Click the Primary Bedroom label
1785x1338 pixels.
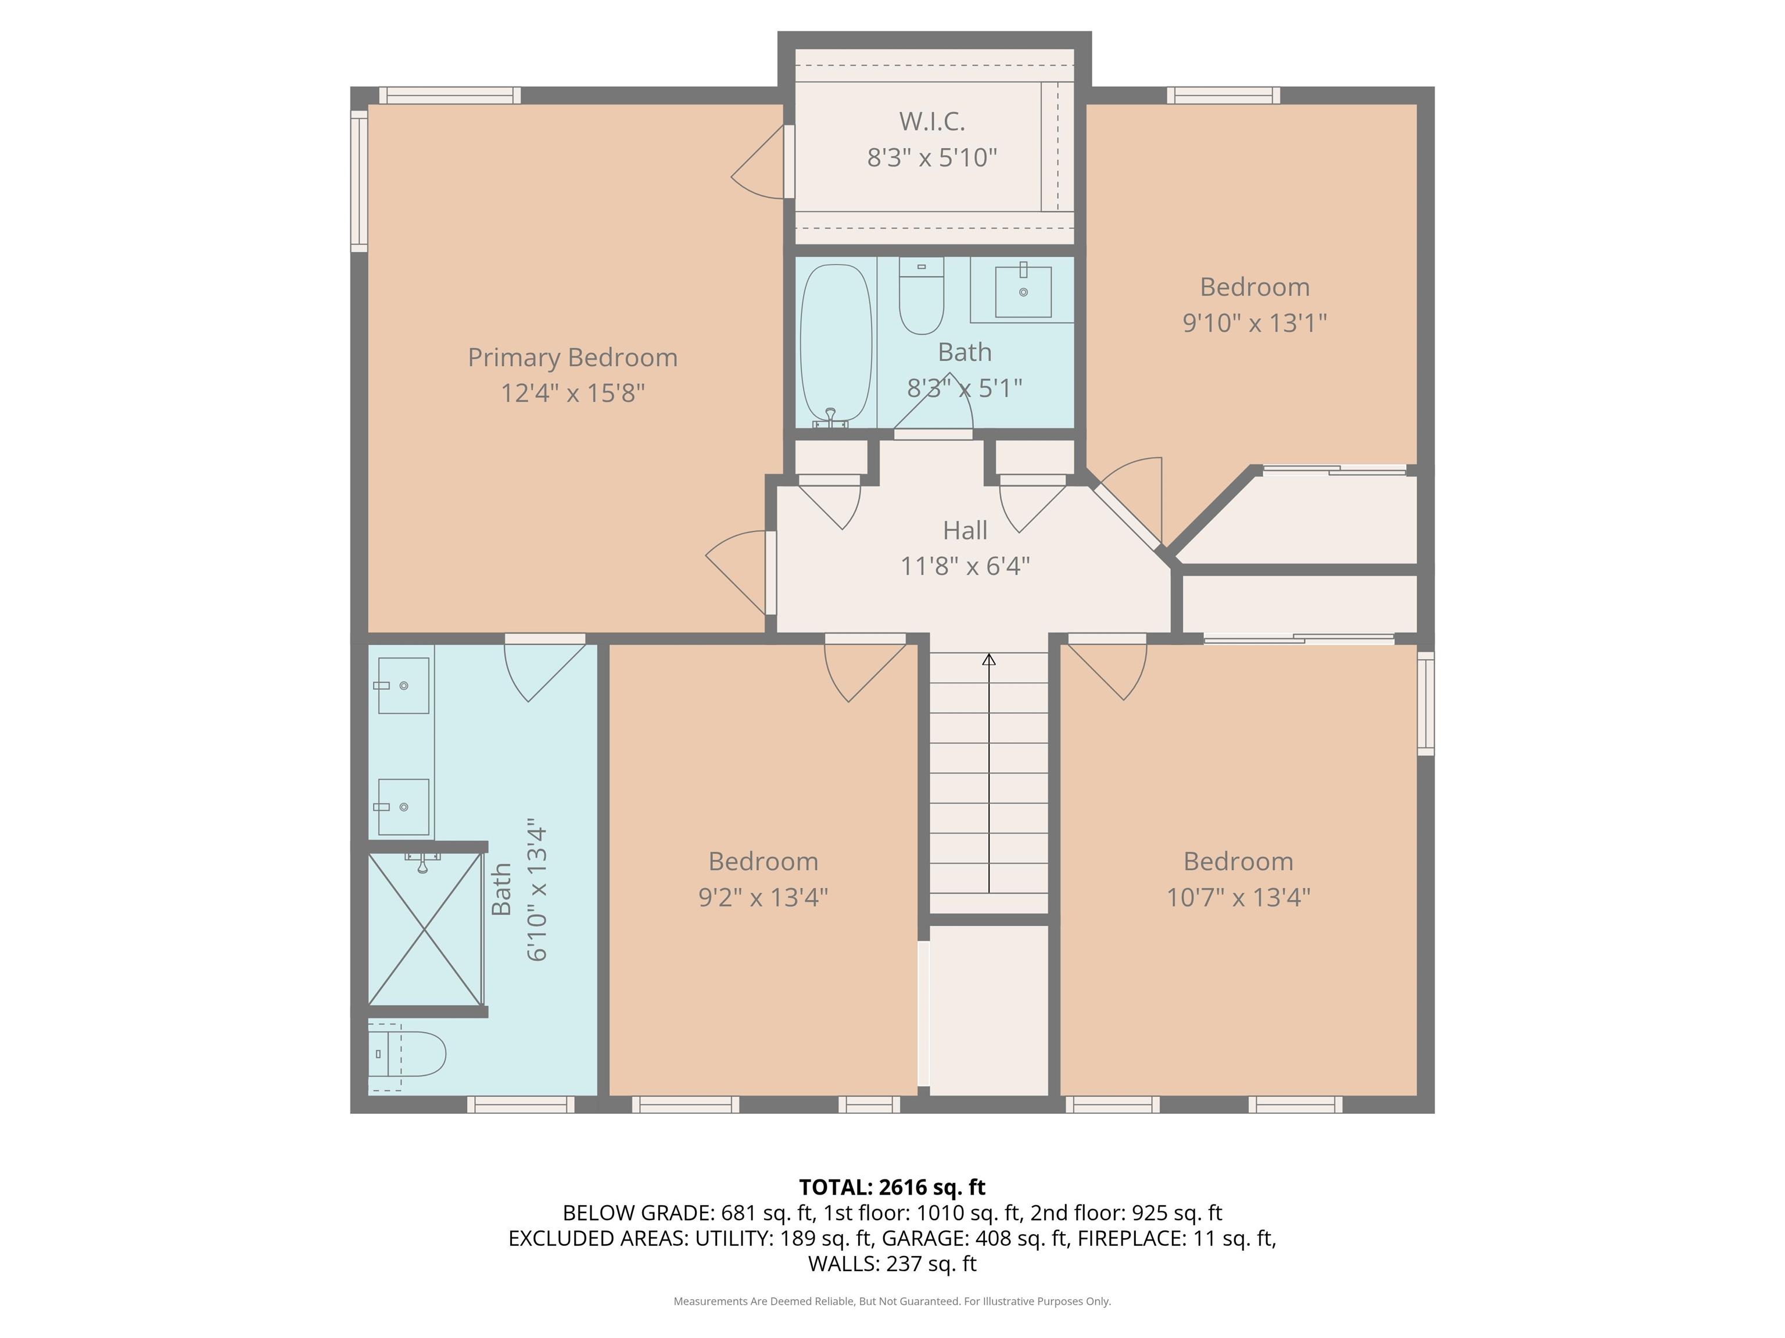pyautogui.click(x=572, y=357)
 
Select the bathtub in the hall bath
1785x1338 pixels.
pyautogui.click(x=836, y=345)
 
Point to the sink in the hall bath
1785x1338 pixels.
pyautogui.click(x=1023, y=291)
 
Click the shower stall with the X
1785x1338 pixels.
pyautogui.click(x=425, y=928)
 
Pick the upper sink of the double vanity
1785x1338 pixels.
pyautogui.click(x=403, y=685)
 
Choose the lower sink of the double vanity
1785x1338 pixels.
pyautogui.click(x=403, y=807)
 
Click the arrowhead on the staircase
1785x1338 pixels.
pyautogui.click(x=988, y=659)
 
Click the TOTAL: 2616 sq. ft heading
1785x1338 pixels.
pyautogui.click(x=892, y=1187)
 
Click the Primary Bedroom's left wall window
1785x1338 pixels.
pyautogui.click(x=359, y=181)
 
